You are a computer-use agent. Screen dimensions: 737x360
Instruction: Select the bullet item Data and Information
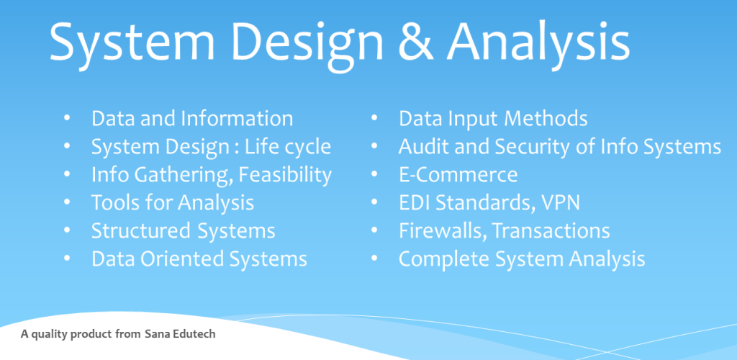tap(192, 118)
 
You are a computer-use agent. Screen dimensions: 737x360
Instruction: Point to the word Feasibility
tap(285, 175)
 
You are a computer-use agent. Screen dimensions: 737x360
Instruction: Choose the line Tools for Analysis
tap(173, 203)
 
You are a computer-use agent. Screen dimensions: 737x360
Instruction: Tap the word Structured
tap(141, 230)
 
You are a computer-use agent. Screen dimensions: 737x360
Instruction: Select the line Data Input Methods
tap(493, 119)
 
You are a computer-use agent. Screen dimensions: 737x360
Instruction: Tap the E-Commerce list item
tap(458, 175)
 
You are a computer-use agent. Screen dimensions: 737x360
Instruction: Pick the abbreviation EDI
tap(415, 203)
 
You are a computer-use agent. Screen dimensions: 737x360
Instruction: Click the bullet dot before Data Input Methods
tap(374, 117)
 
